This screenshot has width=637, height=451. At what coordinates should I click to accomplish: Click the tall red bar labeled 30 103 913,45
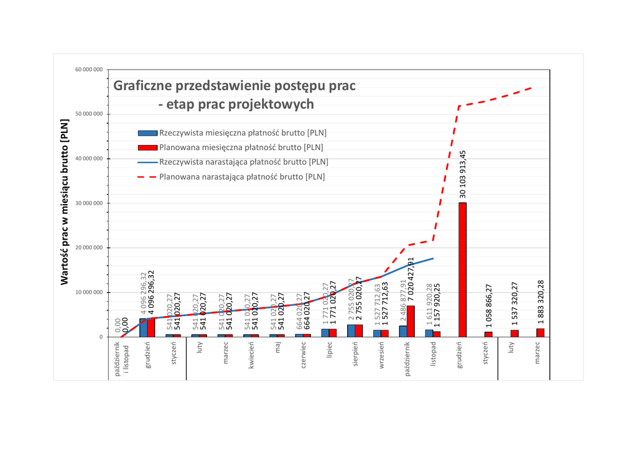[x=462, y=269]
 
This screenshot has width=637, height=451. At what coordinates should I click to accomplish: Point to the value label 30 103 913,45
[x=463, y=174]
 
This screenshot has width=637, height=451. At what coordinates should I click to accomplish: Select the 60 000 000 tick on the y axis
[x=89, y=70]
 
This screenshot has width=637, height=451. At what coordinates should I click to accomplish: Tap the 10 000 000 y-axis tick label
[x=89, y=292]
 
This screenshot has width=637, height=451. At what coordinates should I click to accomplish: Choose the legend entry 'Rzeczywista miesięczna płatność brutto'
[x=243, y=133]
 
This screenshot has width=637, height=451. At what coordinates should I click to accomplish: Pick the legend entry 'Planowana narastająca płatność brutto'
[x=242, y=177]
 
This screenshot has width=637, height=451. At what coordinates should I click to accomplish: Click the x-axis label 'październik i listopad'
[x=121, y=358]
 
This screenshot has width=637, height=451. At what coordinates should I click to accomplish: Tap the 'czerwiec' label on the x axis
[x=303, y=355]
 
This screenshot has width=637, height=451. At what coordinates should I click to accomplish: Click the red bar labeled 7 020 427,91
[x=411, y=321]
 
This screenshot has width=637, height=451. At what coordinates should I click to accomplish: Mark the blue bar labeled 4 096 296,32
[x=143, y=327]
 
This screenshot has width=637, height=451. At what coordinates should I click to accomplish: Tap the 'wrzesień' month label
[x=381, y=355]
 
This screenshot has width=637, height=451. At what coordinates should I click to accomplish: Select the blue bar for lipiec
[x=325, y=333]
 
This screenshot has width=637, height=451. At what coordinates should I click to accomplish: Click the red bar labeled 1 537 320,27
[x=514, y=333]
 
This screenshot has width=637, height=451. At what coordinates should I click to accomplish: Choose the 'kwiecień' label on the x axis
[x=251, y=355]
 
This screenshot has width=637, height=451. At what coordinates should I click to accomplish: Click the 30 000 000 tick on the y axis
[x=89, y=203]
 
